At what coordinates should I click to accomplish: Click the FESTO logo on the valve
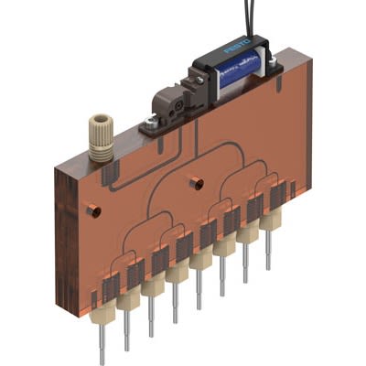click(x=237, y=47)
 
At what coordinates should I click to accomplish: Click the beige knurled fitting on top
click(x=101, y=138)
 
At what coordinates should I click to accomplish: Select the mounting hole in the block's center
click(x=197, y=183)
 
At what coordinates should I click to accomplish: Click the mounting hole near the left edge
click(x=93, y=210)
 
